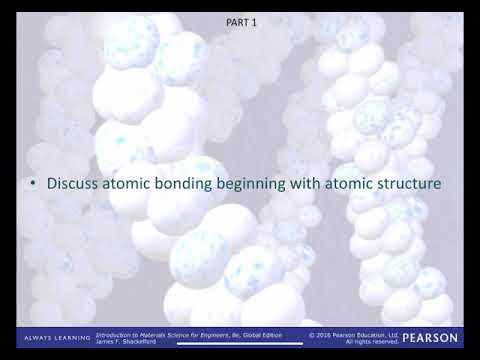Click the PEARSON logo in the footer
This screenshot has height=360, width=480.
click(431, 338)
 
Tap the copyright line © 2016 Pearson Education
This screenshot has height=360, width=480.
click(354, 334)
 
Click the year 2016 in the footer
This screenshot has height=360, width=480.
click(325, 334)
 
